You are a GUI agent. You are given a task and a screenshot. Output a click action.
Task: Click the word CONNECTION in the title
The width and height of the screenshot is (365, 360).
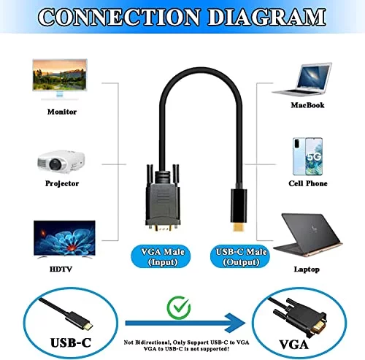pyautogui.click(x=119, y=17)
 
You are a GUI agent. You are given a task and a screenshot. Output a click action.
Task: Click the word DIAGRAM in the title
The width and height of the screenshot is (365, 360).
pyautogui.click(x=267, y=17)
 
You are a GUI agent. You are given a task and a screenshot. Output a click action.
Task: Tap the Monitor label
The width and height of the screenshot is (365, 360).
pyautogui.click(x=62, y=112)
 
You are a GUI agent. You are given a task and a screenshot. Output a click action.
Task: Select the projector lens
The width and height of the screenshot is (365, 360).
pyautogui.click(x=55, y=164)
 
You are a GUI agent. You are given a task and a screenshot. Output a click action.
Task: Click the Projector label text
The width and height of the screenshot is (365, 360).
pyautogui.click(x=62, y=183)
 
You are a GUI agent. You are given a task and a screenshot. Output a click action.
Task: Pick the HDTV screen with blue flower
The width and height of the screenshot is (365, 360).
pyautogui.click(x=64, y=238)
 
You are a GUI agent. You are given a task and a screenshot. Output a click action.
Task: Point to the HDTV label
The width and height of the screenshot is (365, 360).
pyautogui.click(x=61, y=269)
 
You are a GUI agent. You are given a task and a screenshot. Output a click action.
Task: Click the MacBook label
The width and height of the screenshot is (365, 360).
pyautogui.click(x=307, y=105)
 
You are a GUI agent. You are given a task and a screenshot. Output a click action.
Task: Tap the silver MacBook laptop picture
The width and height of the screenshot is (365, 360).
pyautogui.click(x=302, y=80)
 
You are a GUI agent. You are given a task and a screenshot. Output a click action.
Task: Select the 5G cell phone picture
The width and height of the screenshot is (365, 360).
pyautogui.click(x=307, y=156)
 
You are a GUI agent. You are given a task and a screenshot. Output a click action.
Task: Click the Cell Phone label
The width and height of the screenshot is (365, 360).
pyautogui.click(x=308, y=183)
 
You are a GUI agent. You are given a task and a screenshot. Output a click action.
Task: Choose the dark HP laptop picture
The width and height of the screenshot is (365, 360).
pyautogui.click(x=308, y=235)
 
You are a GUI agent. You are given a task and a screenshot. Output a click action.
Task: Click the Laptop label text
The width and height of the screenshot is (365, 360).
pyautogui.click(x=307, y=269)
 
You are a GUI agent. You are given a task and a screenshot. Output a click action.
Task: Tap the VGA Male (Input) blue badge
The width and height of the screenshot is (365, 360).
pyautogui.click(x=161, y=257)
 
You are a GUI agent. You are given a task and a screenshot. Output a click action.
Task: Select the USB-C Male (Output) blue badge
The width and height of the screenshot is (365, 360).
pyautogui.click(x=240, y=257)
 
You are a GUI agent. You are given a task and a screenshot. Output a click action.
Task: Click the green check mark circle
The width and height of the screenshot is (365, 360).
pyautogui.click(x=179, y=307)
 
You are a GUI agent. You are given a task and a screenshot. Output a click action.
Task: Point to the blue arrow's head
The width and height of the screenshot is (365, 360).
pyautogui.click(x=235, y=323)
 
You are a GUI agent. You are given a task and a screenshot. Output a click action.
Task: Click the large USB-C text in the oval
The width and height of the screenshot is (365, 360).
pyautogui.click(x=71, y=342)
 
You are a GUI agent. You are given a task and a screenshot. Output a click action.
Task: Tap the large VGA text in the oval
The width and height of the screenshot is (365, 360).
pyautogui.click(x=293, y=345)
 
